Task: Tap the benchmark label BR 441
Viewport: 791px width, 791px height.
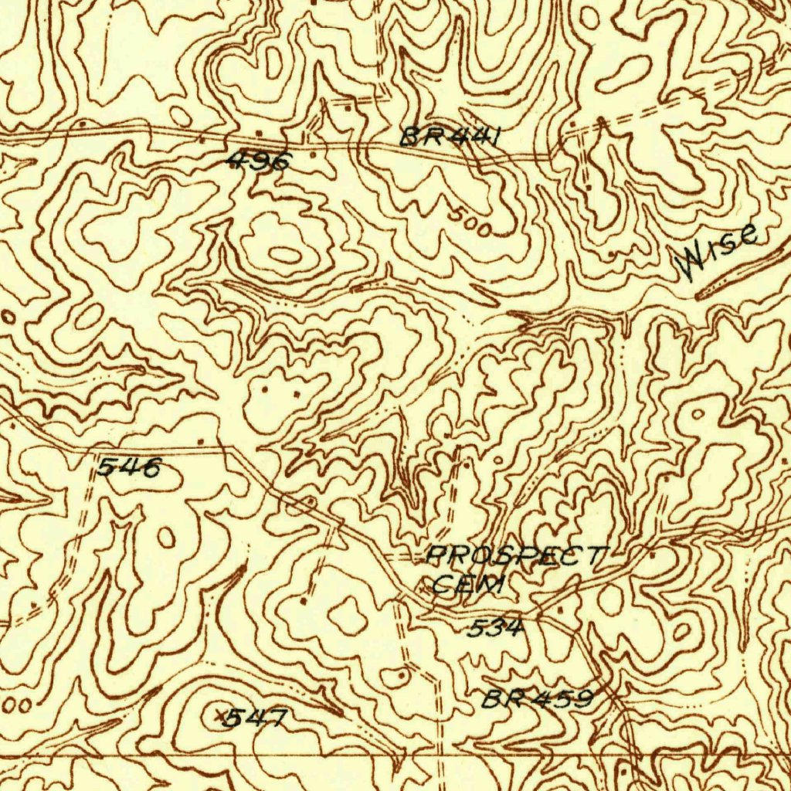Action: pos(453,137)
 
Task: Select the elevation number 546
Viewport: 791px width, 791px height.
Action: pos(129,467)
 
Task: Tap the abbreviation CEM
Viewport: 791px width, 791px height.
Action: pos(467,583)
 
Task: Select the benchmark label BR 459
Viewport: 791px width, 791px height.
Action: pos(538,699)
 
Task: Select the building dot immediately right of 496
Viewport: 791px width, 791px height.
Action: pos(313,155)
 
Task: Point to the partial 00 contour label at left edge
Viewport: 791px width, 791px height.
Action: pos(20,705)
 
